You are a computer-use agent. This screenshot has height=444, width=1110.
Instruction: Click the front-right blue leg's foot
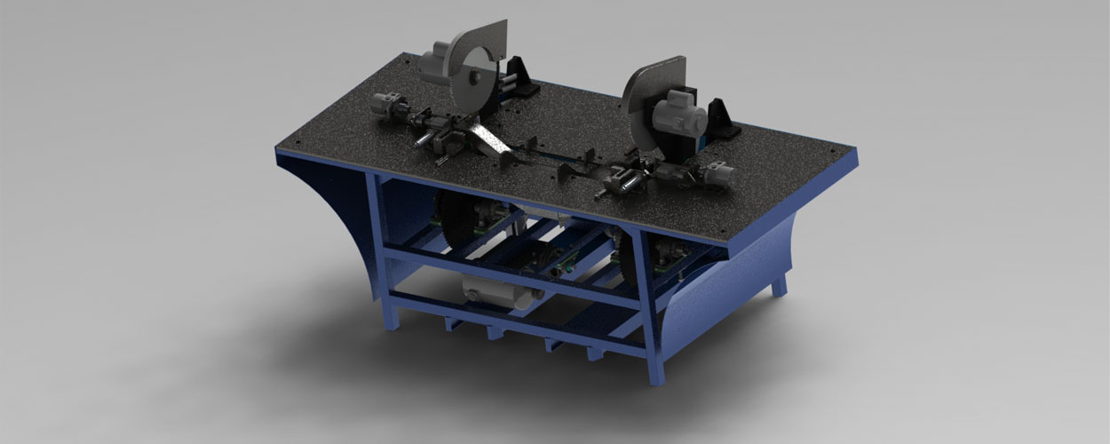click(656, 377)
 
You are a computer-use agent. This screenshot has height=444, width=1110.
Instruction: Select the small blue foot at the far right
click(778, 287)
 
